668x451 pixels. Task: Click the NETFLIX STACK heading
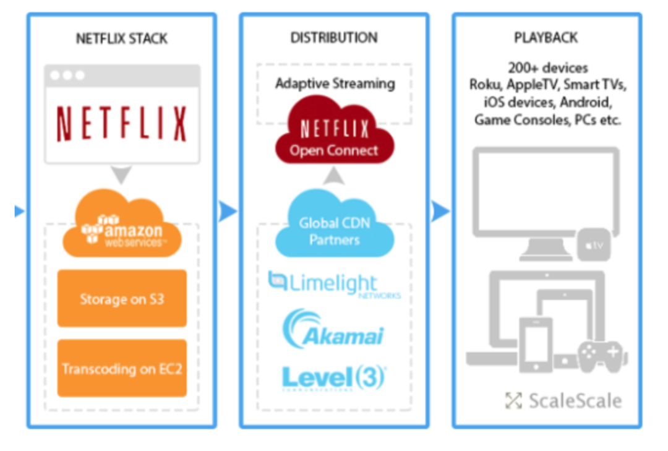pos(121,38)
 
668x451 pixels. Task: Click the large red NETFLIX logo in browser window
pos(122,124)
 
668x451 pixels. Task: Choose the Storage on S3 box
pos(122,299)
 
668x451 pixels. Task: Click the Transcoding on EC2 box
pos(122,369)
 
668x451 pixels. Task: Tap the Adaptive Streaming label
pos(335,83)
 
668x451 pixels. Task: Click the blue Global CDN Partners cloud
pos(335,230)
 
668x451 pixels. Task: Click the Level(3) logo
pos(334,377)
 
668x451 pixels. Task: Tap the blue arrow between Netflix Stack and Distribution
pos(228,211)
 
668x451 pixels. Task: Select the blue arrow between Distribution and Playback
pos(440,211)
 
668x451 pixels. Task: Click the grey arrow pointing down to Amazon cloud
pos(122,174)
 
